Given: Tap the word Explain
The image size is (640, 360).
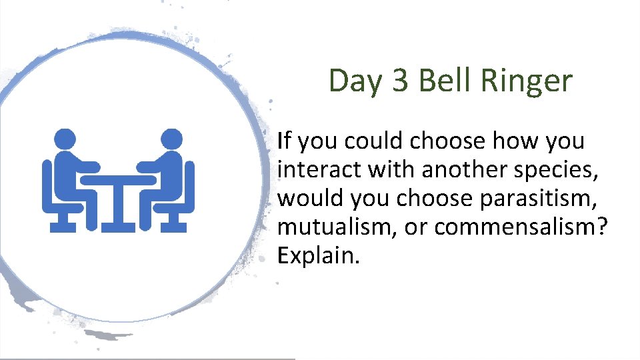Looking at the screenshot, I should (x=318, y=256).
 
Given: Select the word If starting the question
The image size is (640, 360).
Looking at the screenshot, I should (x=284, y=141).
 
